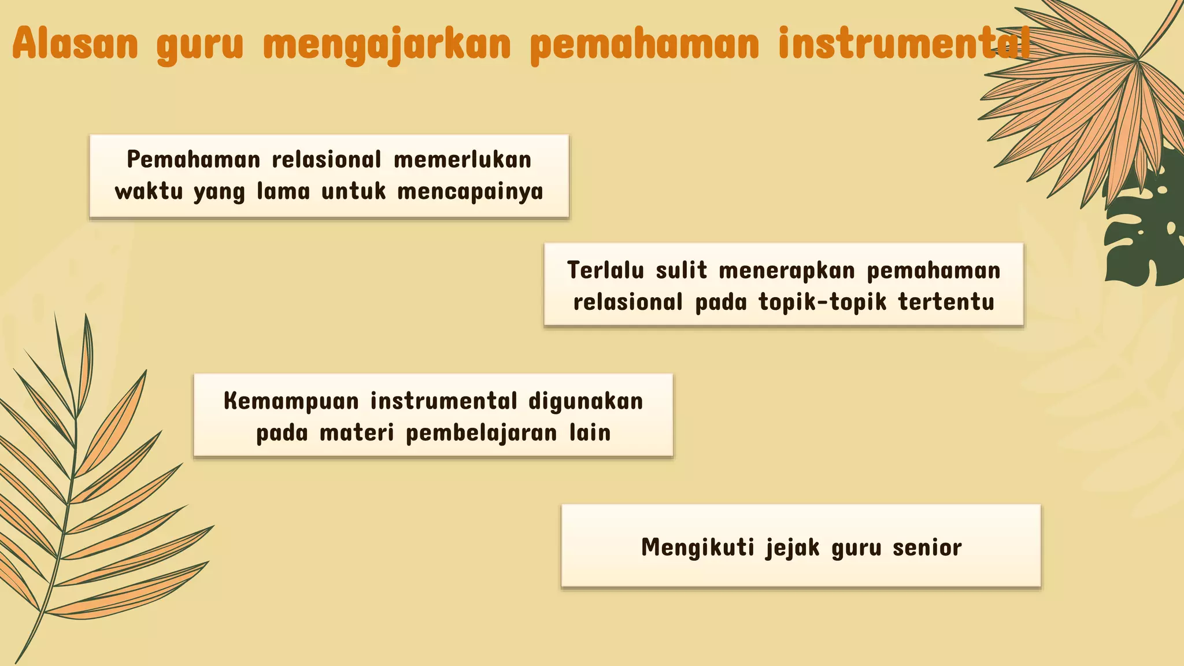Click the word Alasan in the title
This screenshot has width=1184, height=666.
pyautogui.click(x=75, y=43)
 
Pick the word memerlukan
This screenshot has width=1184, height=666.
pyautogui.click(x=462, y=160)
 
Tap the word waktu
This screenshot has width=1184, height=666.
pyautogui.click(x=149, y=191)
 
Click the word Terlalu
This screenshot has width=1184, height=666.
pyautogui.click(x=605, y=271)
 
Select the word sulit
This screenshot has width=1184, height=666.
pyautogui.click(x=682, y=271)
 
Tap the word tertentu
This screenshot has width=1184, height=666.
pyautogui.click(x=946, y=302)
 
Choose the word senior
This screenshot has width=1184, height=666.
pyautogui.click(x=927, y=547)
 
